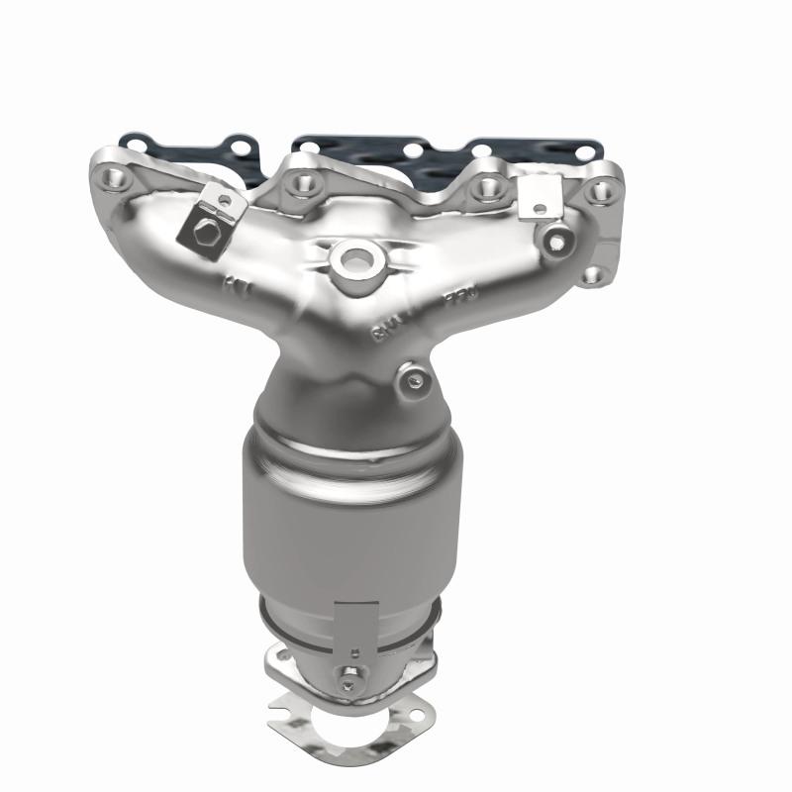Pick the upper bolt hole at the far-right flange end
click(603, 189)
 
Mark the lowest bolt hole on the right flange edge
click(591, 275)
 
